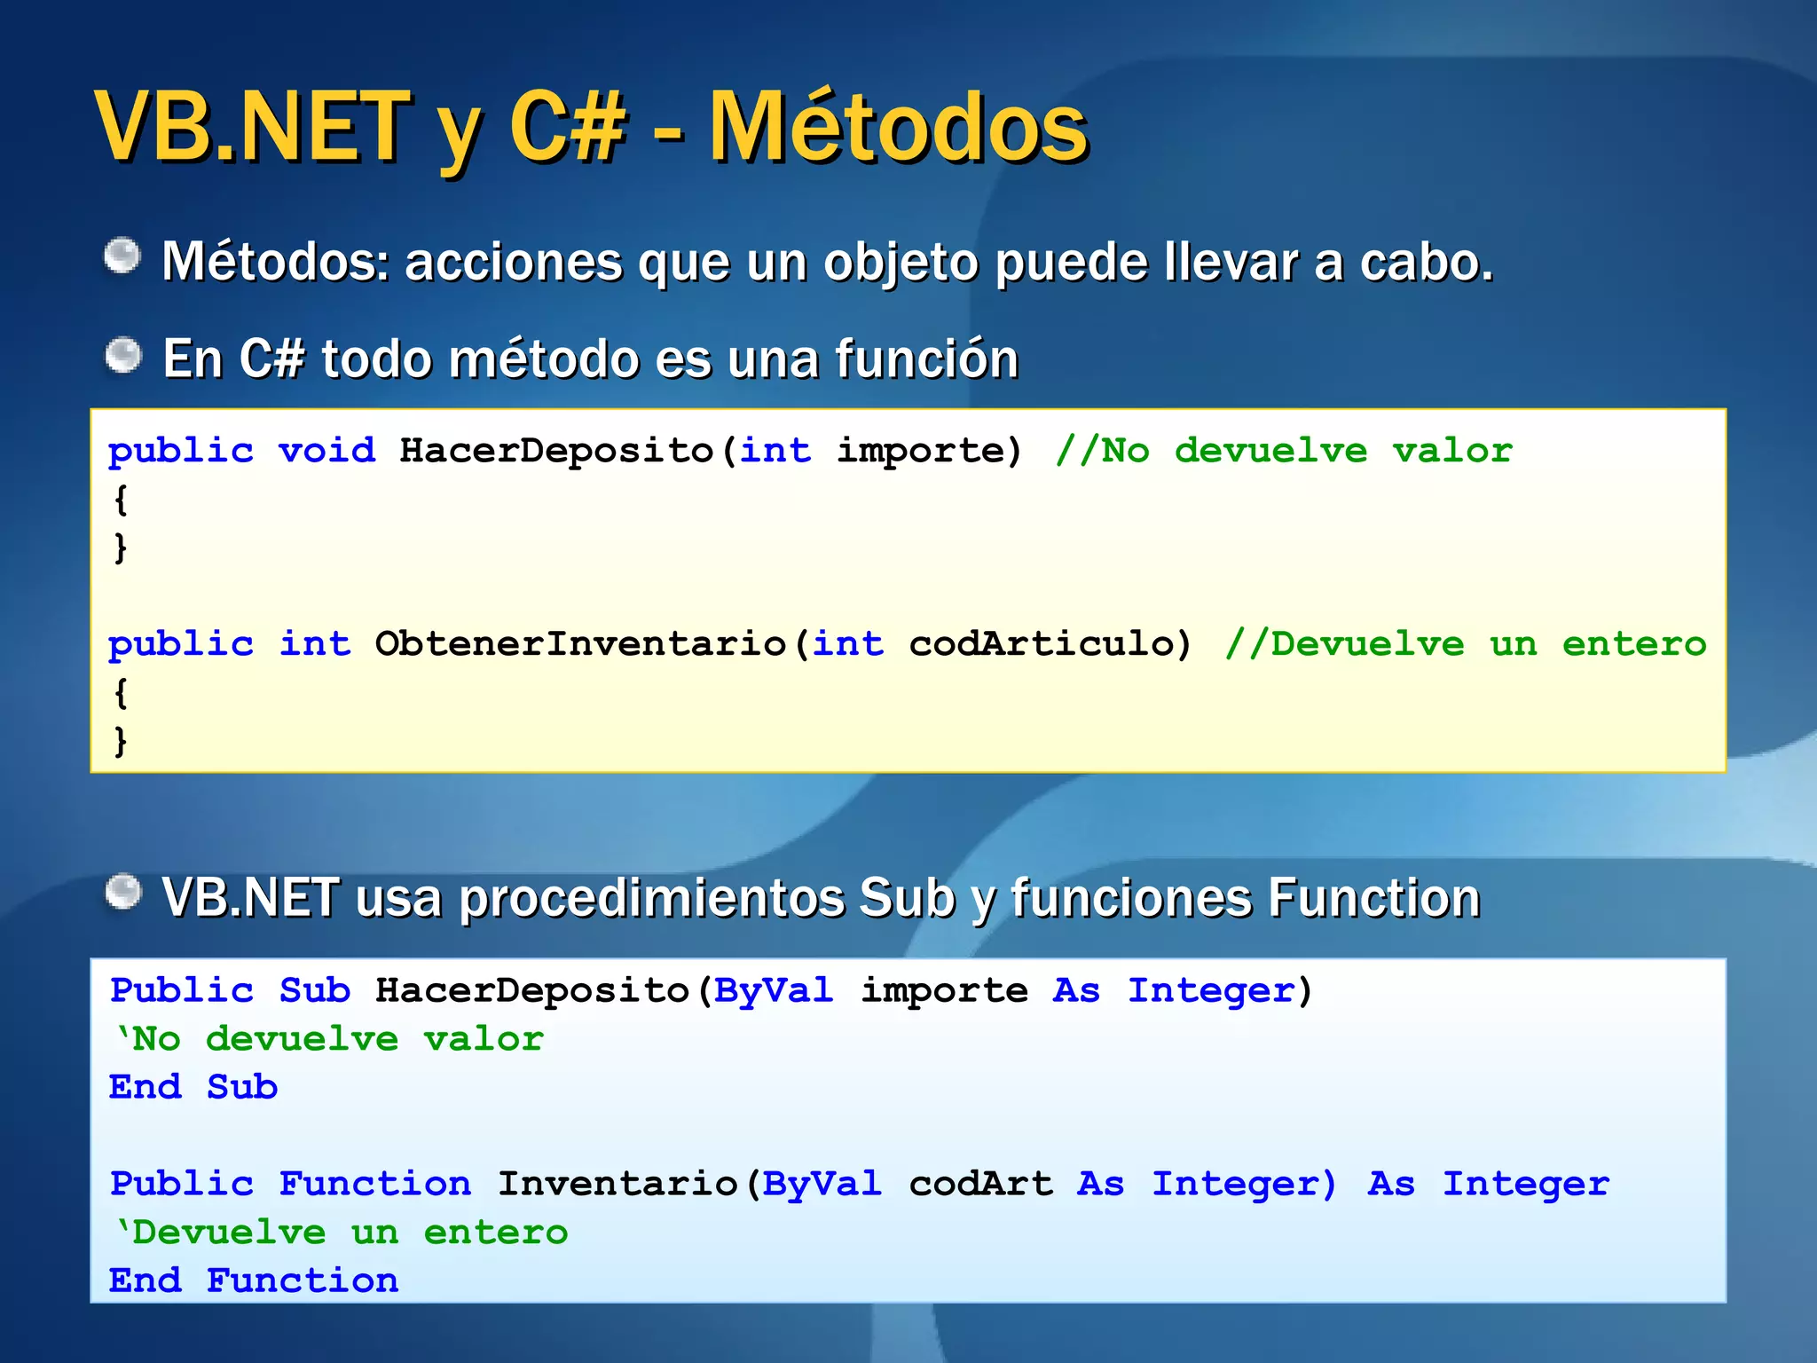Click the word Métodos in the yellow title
click(x=898, y=129)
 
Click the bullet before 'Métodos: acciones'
click(x=122, y=257)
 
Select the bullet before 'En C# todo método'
click(x=122, y=356)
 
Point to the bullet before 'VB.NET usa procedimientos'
click(x=122, y=893)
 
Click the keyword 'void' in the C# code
click(x=327, y=451)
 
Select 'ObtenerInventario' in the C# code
click(x=580, y=643)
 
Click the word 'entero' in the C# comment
click(x=1634, y=643)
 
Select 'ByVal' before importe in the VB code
click(x=774, y=990)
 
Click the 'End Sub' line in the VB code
click(x=193, y=1087)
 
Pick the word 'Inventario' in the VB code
click(x=617, y=1184)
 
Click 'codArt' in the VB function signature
click(x=981, y=1184)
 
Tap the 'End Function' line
click(x=254, y=1280)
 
